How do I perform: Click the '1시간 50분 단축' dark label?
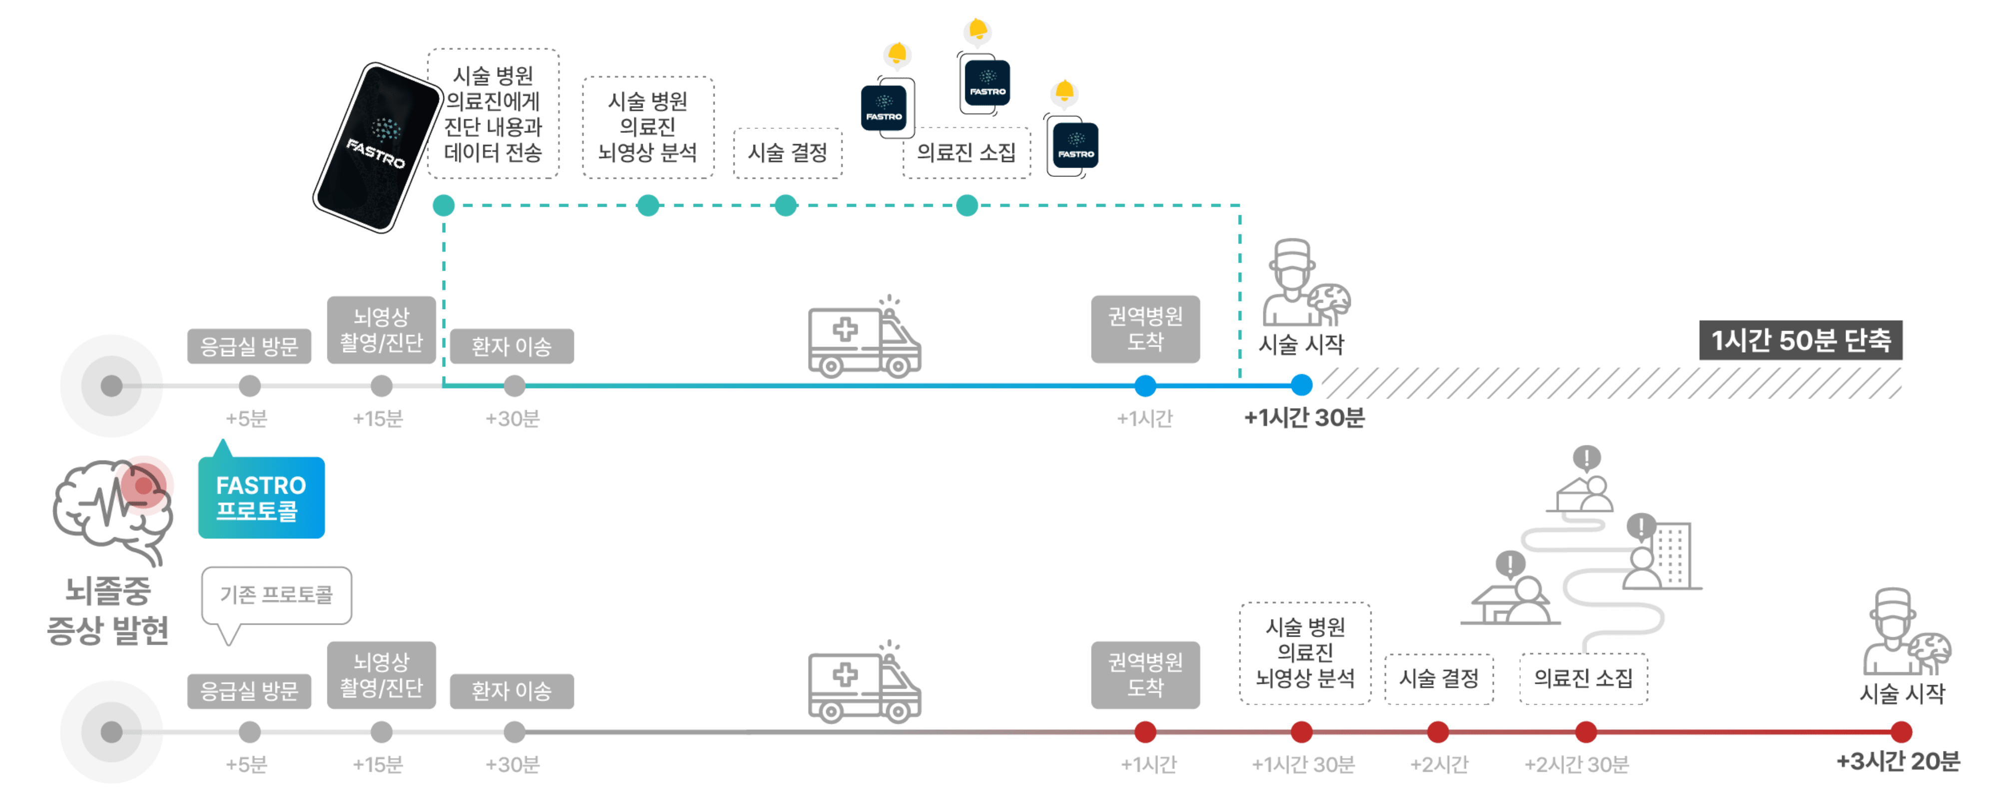point(1800,341)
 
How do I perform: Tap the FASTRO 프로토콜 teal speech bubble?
point(261,497)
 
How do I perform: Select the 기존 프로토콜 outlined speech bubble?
point(277,595)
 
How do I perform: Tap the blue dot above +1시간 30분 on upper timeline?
point(1301,385)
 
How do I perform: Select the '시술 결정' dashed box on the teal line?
point(787,153)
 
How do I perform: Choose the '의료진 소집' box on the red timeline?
point(1583,678)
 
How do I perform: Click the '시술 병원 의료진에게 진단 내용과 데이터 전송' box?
point(493,114)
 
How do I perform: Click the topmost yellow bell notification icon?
point(977,33)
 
